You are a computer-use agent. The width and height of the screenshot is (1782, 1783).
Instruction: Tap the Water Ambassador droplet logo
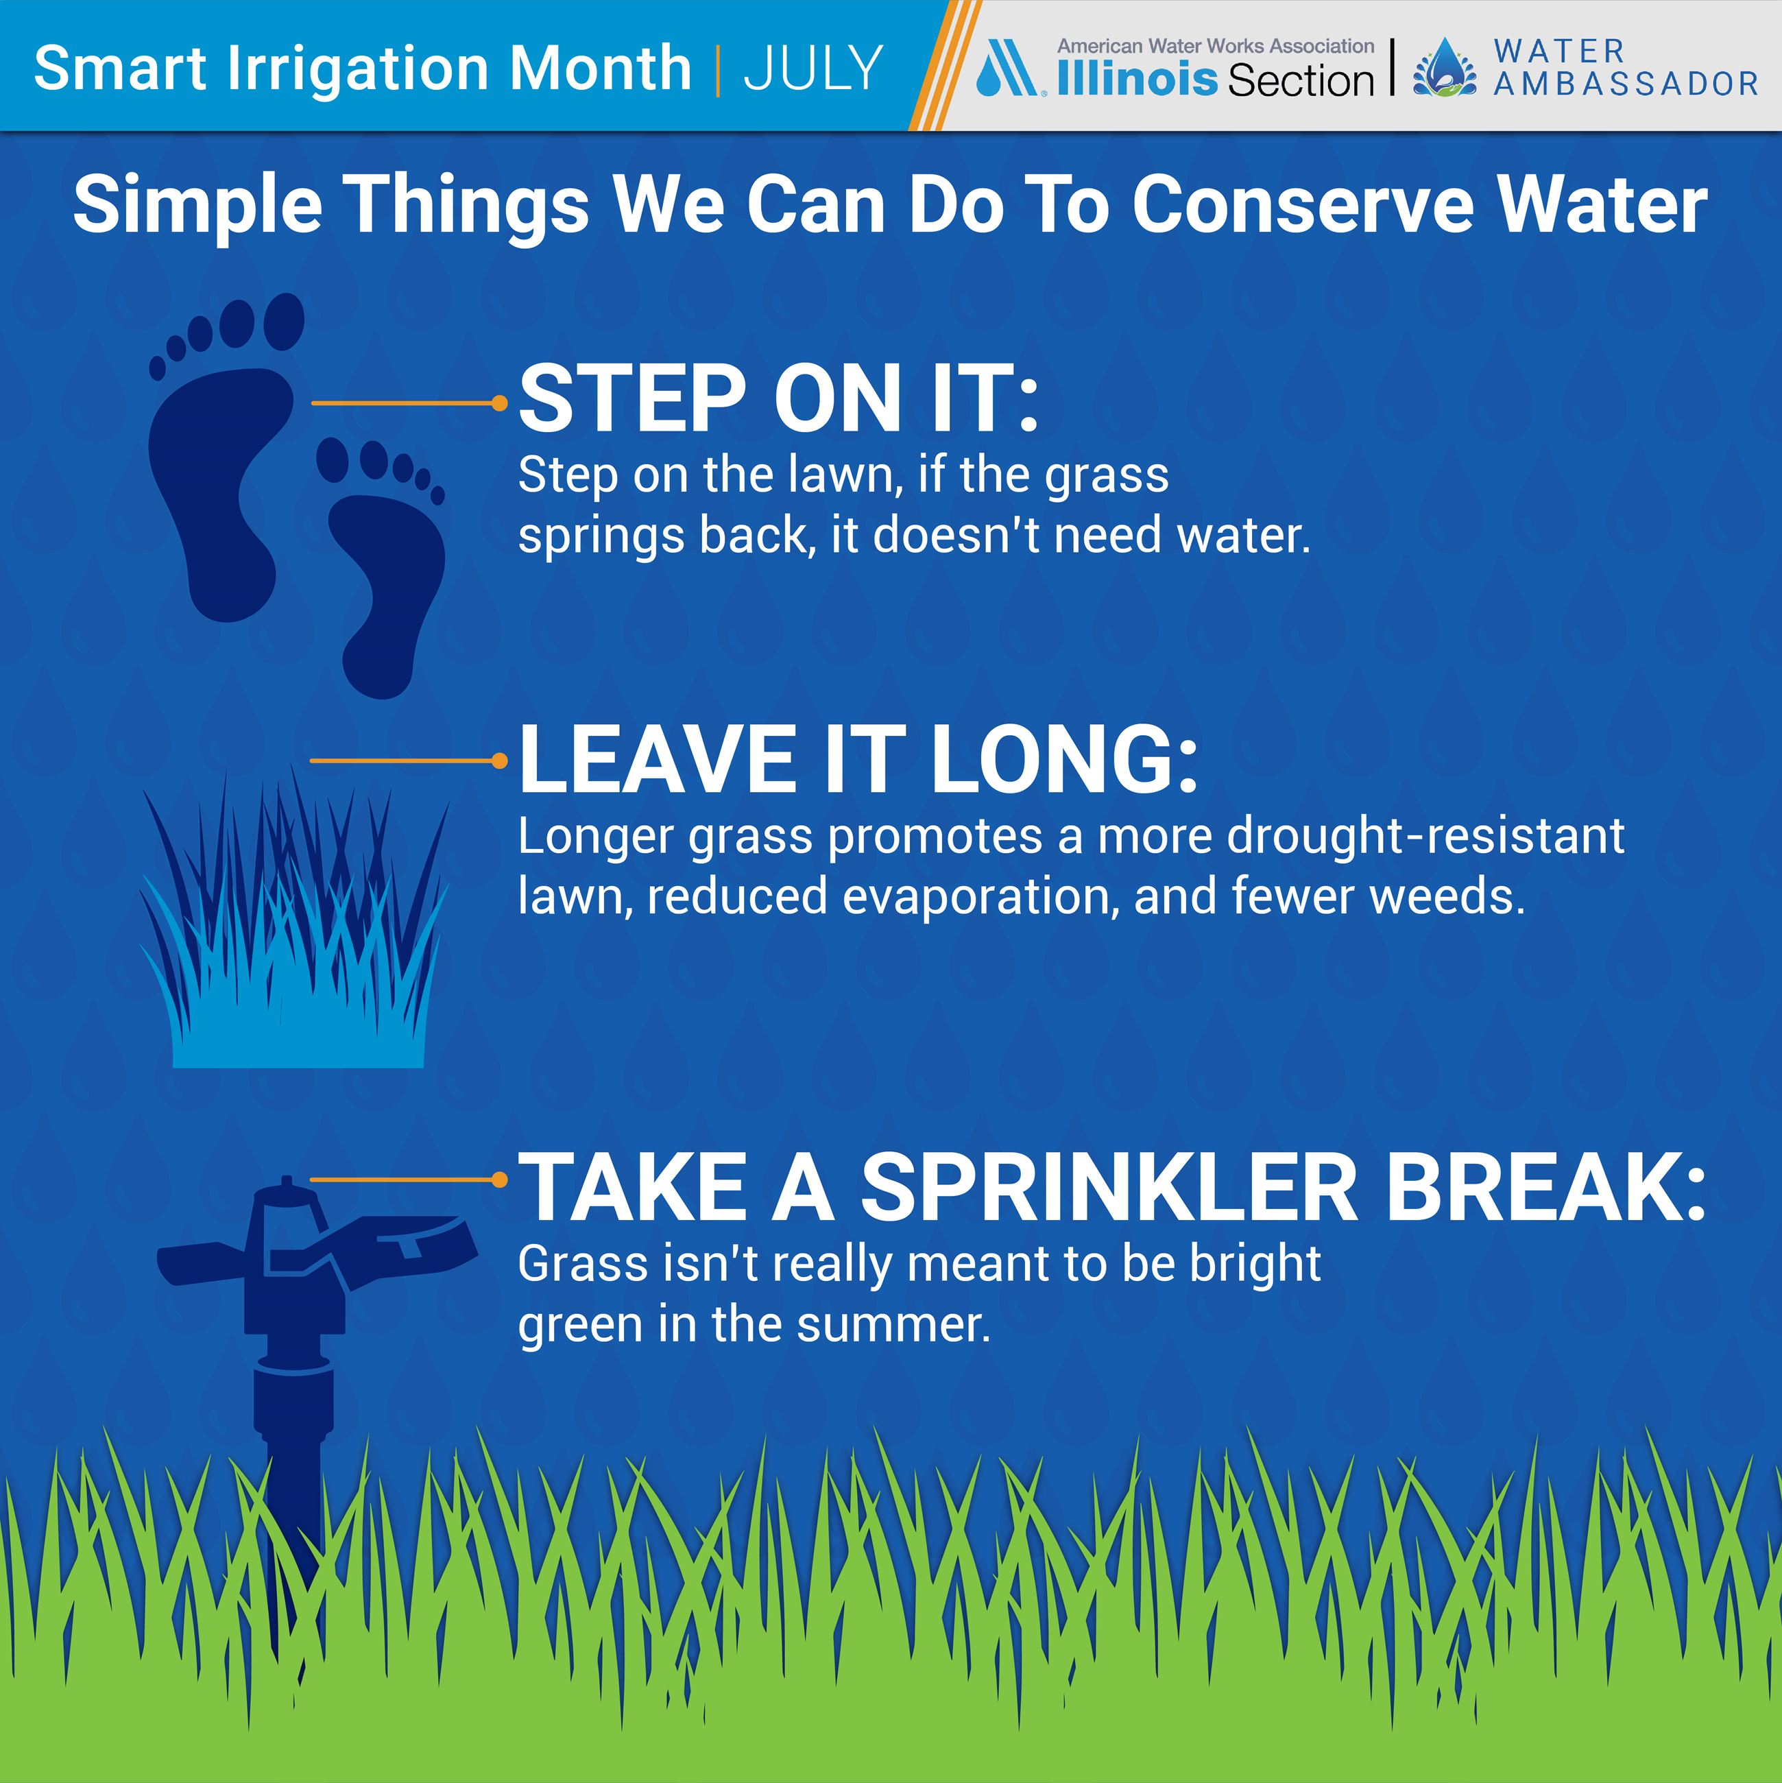pos(1444,67)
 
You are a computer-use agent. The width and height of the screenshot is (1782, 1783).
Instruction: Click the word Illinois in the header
pos(1138,80)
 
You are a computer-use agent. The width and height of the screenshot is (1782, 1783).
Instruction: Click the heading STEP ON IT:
pos(778,398)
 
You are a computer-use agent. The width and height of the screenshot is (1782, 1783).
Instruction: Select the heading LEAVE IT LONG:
pos(857,758)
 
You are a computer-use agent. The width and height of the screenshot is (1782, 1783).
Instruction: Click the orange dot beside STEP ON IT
pos(499,403)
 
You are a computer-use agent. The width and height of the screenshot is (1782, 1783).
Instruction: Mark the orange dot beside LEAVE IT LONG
pos(499,761)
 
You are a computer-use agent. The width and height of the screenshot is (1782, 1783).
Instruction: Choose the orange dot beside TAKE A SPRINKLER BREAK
pos(499,1180)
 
